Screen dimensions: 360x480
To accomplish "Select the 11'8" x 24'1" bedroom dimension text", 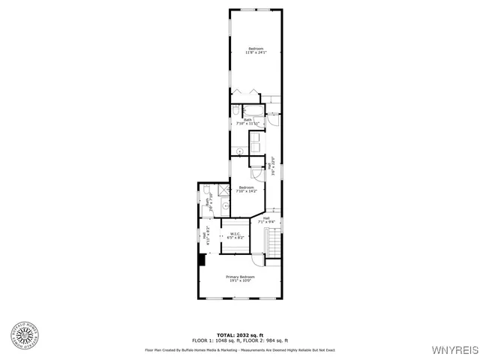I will (x=256, y=52).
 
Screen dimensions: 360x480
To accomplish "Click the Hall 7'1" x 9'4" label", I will (x=267, y=220).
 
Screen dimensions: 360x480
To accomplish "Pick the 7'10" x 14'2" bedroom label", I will (x=247, y=190).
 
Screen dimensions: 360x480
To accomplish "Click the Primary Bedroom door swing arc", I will (x=256, y=262).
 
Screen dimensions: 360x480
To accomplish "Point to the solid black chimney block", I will (x=201, y=259).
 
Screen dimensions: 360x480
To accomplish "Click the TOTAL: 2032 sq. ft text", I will (x=241, y=334).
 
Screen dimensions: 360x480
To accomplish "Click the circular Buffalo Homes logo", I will (x=26, y=335).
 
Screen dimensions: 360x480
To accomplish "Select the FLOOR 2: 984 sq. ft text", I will (x=268, y=340).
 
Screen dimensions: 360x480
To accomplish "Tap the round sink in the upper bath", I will (x=240, y=151).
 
